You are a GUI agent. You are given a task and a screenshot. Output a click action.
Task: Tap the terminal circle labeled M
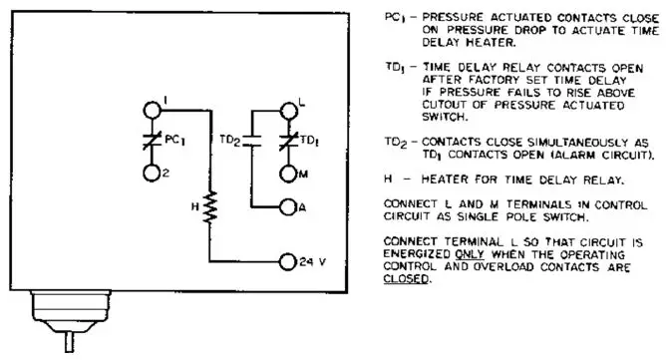pyautogui.click(x=289, y=174)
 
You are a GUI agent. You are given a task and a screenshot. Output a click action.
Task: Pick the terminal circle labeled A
pyautogui.click(x=289, y=207)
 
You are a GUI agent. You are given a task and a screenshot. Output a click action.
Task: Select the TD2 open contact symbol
pyautogui.click(x=251, y=141)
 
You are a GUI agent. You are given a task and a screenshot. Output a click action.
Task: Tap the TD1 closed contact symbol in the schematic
pyautogui.click(x=289, y=141)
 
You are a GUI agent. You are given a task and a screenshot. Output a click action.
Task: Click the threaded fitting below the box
pyautogui.click(x=68, y=309)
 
